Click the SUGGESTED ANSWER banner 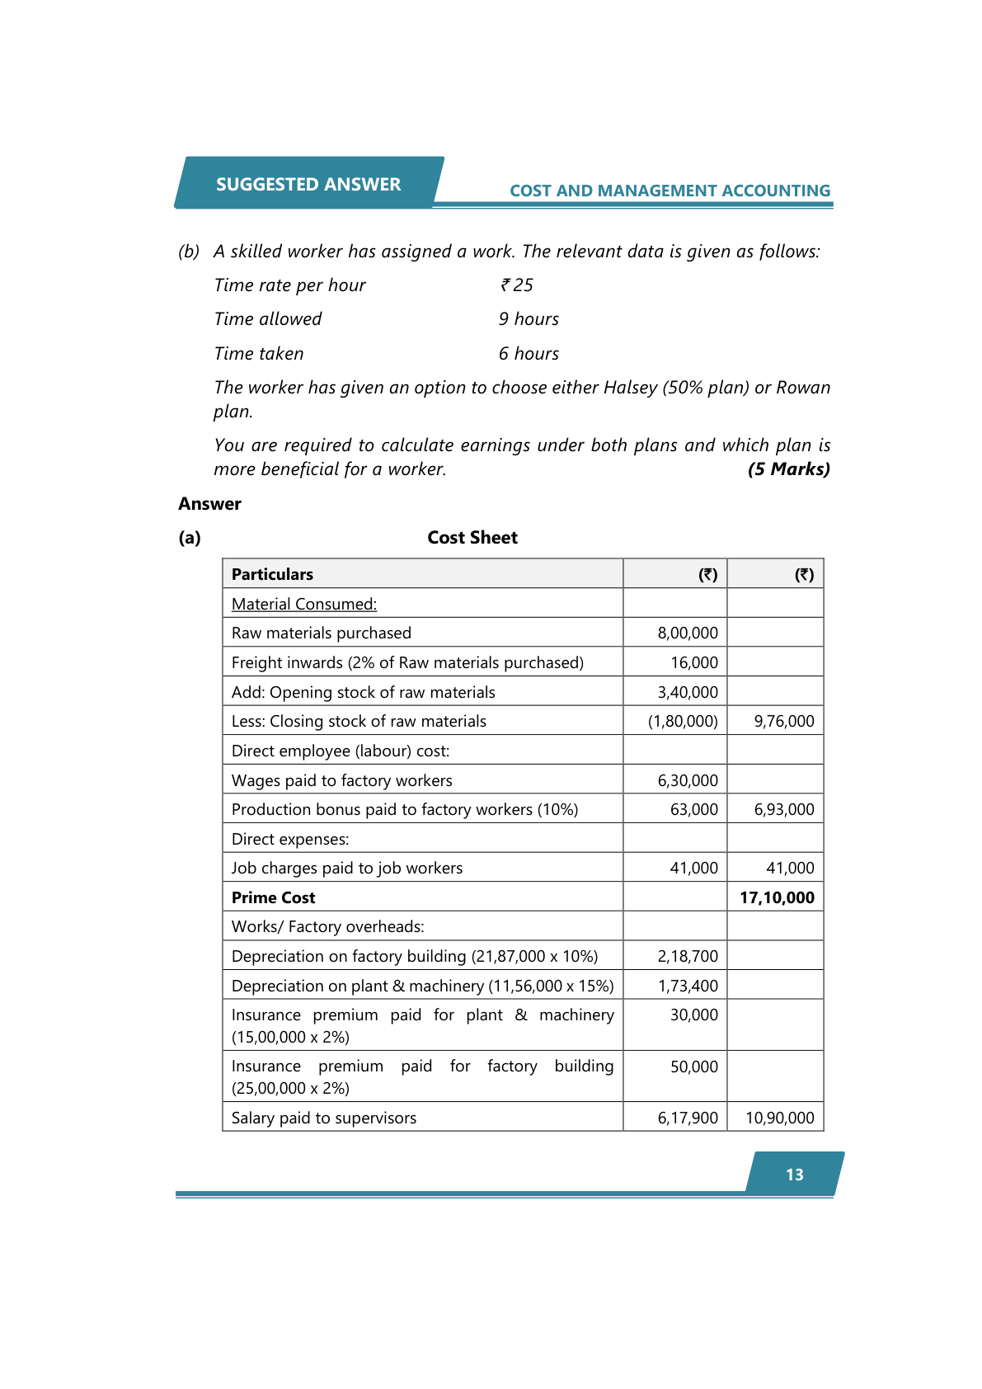tap(308, 184)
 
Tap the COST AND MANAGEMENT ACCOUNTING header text tap(670, 191)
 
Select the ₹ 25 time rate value tap(517, 285)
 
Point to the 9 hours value tap(529, 319)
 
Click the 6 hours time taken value tap(529, 354)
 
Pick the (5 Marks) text tap(788, 469)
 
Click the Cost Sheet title tap(472, 538)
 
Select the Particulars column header tap(272, 574)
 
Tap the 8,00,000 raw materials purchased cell tap(688, 633)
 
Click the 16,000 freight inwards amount tap(694, 662)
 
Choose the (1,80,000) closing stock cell tap(683, 721)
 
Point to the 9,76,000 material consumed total tap(784, 721)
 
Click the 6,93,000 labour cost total tap(784, 809)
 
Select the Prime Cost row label tap(274, 897)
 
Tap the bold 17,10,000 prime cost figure tap(777, 897)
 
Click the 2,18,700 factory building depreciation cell tap(688, 956)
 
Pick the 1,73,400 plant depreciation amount tap(688, 986)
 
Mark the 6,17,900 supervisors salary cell tap(688, 1118)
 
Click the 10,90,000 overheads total tap(780, 1118)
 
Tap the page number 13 tap(795, 1175)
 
